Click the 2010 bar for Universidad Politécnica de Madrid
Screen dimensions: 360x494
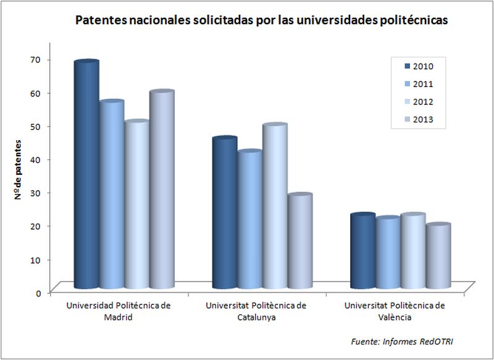86,176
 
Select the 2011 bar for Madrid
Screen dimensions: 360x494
111,195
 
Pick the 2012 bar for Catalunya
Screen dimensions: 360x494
274,207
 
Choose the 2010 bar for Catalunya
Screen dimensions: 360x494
224,213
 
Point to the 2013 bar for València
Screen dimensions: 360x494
438,257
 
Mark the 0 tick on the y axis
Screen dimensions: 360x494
38,293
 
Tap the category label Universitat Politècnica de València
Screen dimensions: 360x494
394,311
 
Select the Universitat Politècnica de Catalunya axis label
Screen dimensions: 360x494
256,311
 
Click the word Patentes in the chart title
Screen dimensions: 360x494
99,20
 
